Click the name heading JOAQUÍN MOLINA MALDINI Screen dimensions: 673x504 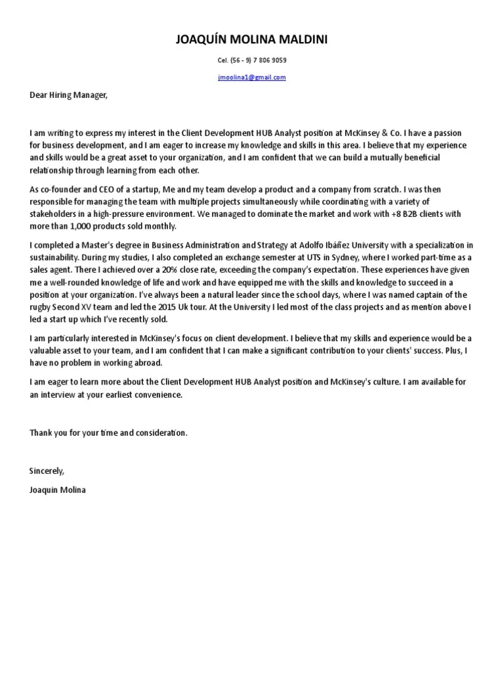pos(252,41)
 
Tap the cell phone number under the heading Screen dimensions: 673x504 pos(252,60)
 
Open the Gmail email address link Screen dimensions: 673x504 pos(252,77)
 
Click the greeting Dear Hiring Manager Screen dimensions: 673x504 pos(68,95)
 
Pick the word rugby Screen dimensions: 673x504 pos(41,306)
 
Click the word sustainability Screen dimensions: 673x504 pos(52,257)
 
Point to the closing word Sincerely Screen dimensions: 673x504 pos(47,471)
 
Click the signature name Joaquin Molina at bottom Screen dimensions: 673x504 pos(57,490)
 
